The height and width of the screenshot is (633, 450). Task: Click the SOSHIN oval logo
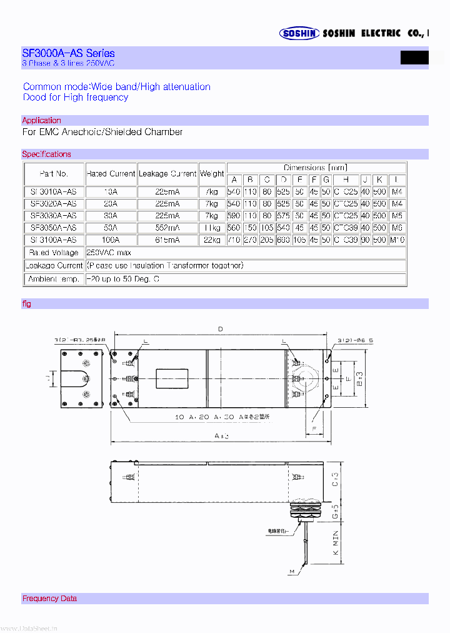299,34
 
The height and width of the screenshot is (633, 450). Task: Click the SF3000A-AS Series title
68,53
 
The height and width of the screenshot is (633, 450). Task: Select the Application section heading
41,120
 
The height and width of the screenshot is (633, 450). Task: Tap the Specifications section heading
46,154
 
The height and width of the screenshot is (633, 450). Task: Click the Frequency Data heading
49,598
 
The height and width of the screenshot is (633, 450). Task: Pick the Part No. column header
54,173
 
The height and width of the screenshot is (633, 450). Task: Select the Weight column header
212,173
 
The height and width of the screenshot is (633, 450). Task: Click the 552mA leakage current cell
167,228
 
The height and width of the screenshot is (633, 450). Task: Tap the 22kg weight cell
212,240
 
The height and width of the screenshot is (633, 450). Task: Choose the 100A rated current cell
111,240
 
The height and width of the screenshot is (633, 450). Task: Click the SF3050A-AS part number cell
54,228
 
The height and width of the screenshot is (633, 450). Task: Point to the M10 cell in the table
397,240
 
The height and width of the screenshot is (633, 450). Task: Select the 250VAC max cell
111,252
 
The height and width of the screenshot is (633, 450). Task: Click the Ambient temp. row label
54,278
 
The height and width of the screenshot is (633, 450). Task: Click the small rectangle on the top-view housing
172,380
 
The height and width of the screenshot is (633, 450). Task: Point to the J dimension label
47,378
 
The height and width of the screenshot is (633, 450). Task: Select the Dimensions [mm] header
316,167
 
